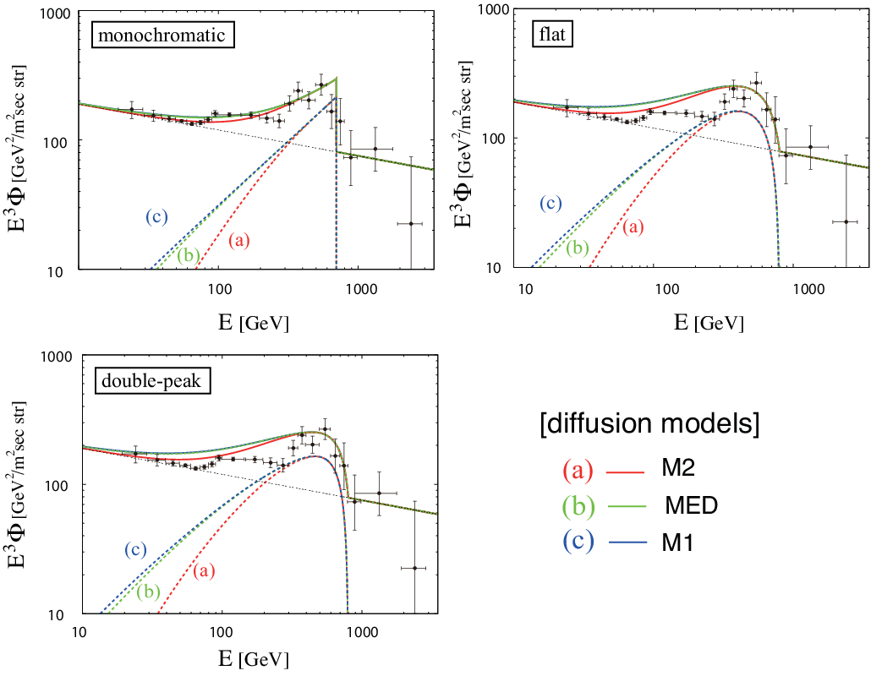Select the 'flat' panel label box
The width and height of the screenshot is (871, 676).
552,35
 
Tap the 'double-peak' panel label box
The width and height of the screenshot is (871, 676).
152,381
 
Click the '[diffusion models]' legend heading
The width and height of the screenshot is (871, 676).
649,424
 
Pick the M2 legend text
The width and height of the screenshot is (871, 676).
678,469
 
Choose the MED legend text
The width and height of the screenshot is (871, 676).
692,505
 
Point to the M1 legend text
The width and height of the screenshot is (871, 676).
677,542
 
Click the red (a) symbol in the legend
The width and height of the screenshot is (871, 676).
578,470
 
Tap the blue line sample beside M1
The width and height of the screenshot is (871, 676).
627,542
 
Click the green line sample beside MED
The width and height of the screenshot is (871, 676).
627,506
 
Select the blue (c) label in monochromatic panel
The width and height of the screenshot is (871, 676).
156,216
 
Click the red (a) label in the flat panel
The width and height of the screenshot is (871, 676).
633,227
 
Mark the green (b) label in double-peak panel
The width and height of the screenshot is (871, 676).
149,591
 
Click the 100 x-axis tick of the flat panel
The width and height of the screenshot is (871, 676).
666,289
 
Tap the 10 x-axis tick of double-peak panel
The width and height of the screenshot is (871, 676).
79,632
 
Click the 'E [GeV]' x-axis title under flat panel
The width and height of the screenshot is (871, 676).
709,322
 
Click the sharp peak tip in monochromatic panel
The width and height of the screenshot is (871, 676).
337,79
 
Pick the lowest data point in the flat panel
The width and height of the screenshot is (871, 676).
846,221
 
